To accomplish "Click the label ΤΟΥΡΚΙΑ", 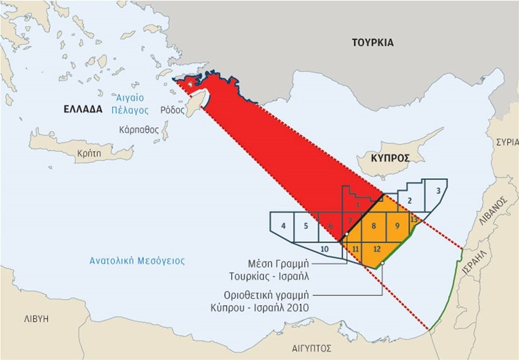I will click(372, 42).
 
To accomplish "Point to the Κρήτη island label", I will click(86, 152).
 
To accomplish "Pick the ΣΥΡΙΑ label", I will click(507, 142).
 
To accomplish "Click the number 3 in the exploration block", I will click(438, 191).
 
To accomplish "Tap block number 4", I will click(284, 225).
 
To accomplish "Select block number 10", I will click(324, 249).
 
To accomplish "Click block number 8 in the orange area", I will click(373, 225).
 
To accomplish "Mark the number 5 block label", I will click(306, 225).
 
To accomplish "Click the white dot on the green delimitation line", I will click(383, 264).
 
